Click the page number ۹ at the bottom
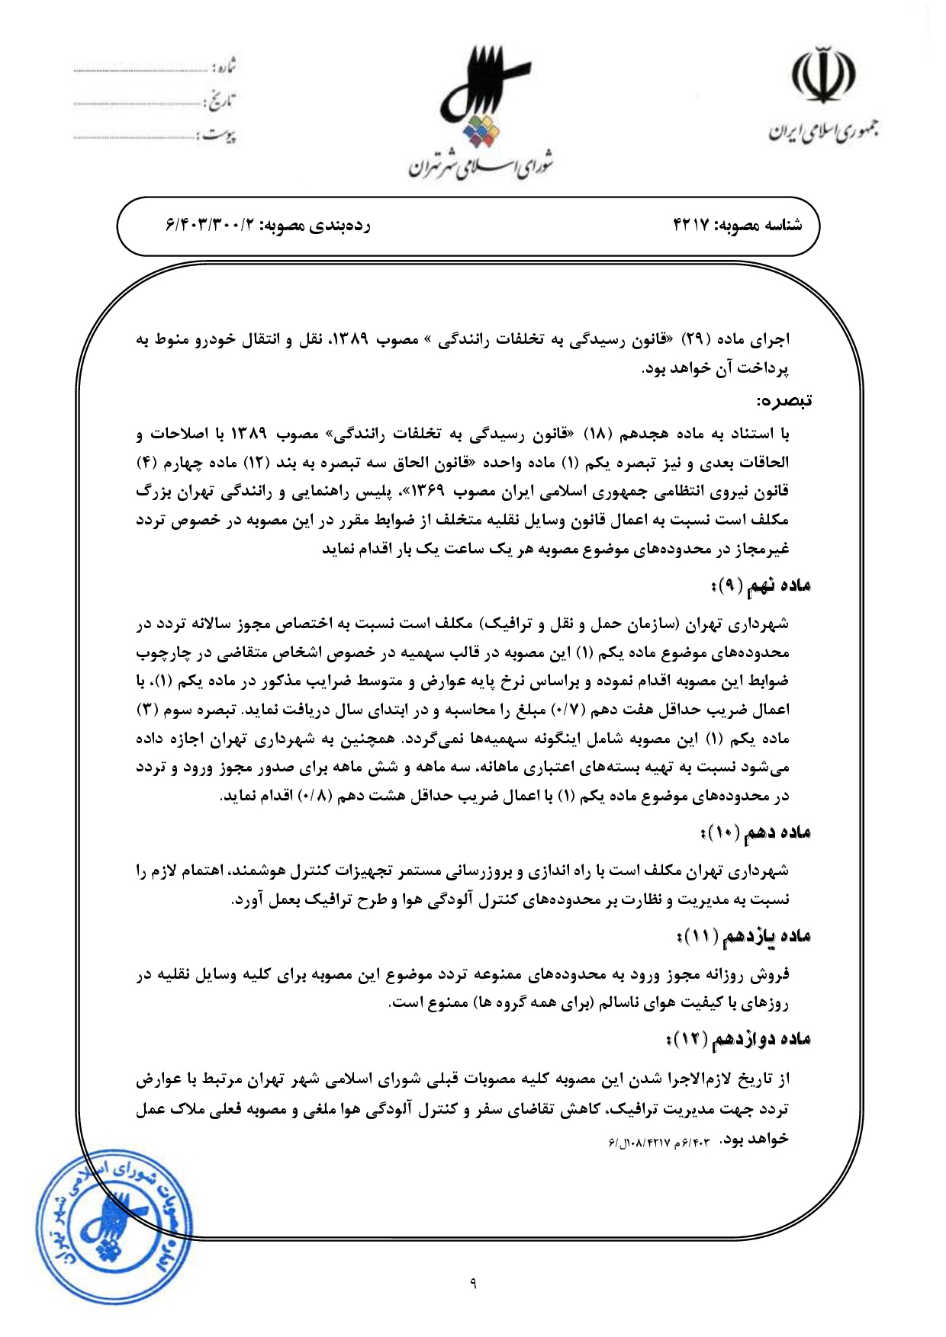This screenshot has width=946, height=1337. point(473,1284)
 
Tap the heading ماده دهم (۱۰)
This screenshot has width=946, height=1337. point(755,833)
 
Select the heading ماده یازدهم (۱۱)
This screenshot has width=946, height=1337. point(744,936)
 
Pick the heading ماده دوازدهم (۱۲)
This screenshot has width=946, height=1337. point(738,1039)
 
